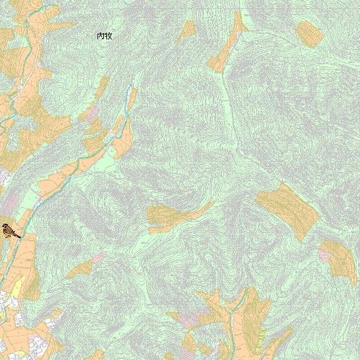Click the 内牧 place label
pyautogui.click(x=104, y=36)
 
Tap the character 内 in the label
pyautogui.click(x=101, y=36)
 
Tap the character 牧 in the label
pyautogui.click(x=108, y=36)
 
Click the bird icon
pyautogui.click(x=10, y=231)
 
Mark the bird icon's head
pyautogui.click(x=5, y=227)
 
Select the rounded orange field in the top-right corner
pyautogui.click(x=308, y=34)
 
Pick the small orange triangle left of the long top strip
pyautogui.click(x=187, y=30)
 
